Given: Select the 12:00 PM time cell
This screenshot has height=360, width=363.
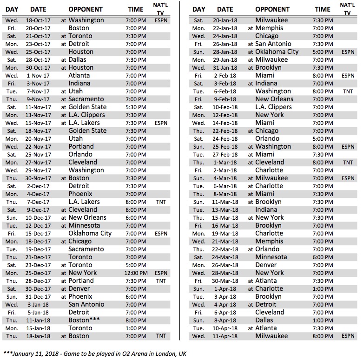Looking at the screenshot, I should click(x=136, y=273).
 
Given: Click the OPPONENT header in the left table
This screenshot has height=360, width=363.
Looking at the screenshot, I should click(x=86, y=9).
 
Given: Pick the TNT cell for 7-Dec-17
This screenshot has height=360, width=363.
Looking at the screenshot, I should click(x=161, y=202).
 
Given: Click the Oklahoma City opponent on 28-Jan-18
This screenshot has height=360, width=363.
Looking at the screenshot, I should click(x=277, y=52).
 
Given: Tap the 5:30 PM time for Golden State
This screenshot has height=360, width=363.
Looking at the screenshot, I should click(x=136, y=107).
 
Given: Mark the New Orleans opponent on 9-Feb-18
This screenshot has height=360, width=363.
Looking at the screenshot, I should click(x=274, y=99).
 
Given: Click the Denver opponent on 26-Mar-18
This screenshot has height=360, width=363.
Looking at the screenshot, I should click(x=266, y=265).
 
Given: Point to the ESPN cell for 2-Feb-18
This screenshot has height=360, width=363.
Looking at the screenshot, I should click(x=347, y=76).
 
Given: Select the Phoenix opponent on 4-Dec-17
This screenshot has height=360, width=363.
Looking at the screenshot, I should click(x=80, y=194).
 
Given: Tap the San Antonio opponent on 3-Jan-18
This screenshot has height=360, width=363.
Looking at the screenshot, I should click(x=86, y=305).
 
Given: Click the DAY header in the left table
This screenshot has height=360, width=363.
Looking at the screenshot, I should click(x=13, y=9).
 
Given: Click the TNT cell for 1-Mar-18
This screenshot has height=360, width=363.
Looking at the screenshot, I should click(x=347, y=163).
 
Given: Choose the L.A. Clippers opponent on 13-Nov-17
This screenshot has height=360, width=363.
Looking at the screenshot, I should click(x=87, y=115).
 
